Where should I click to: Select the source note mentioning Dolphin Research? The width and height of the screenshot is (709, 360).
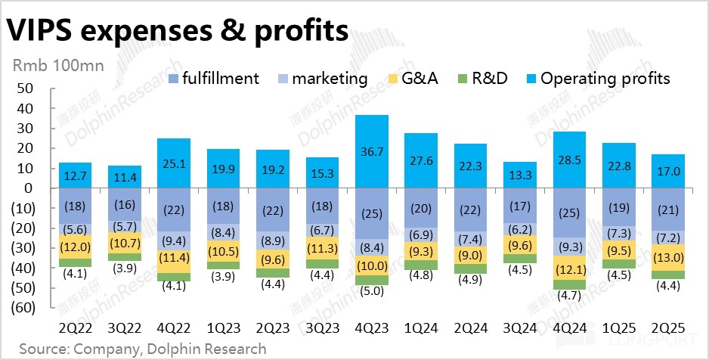tap(143, 349)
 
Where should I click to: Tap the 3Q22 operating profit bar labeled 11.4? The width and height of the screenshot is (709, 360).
tap(124, 178)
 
